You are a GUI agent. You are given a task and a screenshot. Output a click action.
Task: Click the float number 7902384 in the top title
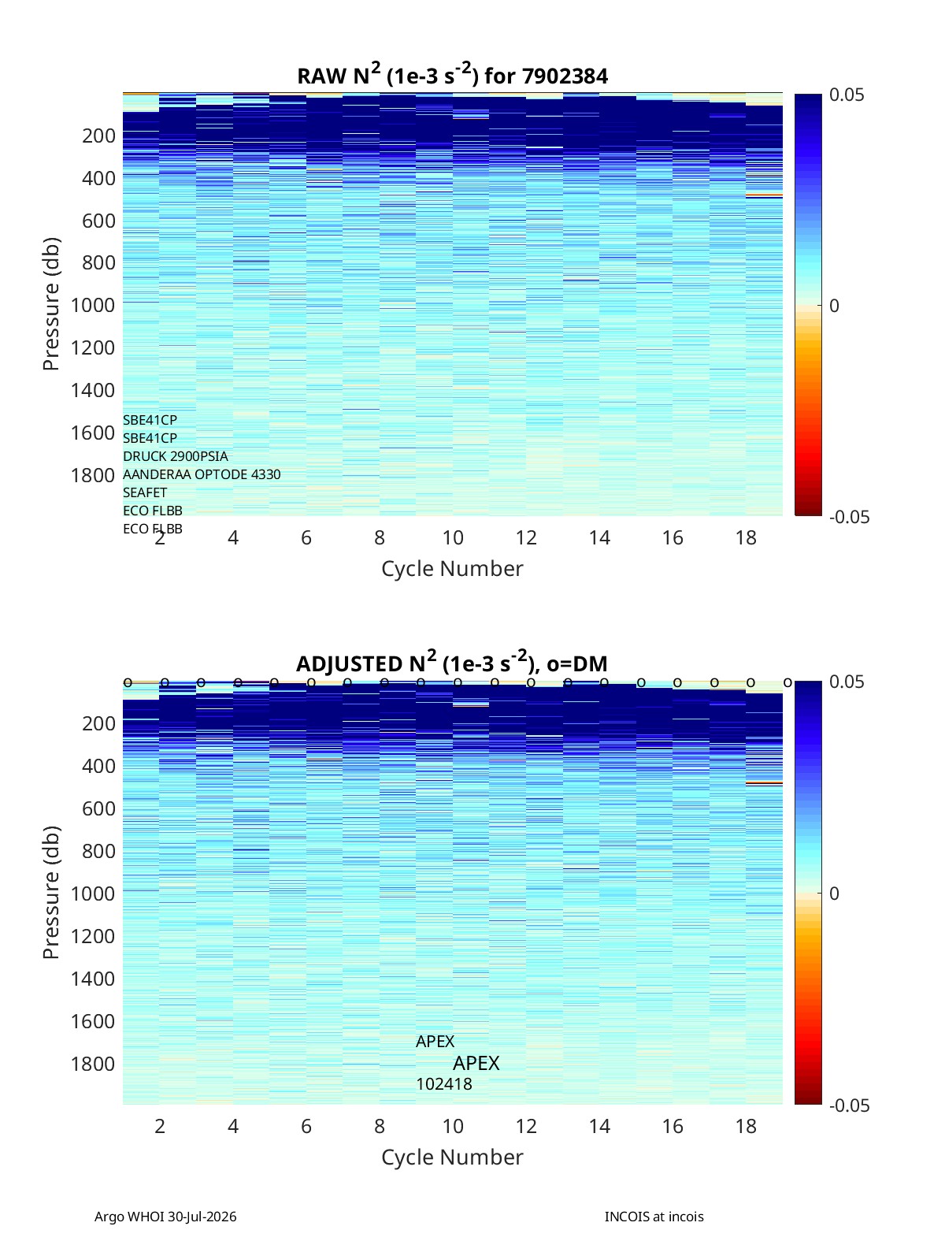565,76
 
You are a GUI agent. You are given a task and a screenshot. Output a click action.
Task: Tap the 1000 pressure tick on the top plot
93,305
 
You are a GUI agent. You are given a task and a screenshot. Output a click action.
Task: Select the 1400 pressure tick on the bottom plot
93,978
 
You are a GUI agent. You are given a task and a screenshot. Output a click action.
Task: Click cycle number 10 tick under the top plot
453,537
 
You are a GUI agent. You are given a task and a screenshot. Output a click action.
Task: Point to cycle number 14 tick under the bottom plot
599,1126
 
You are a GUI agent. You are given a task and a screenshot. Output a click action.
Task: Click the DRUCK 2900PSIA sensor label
176,456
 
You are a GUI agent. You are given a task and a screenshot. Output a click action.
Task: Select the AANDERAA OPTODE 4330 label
202,474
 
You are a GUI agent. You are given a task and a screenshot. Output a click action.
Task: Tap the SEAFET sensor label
145,492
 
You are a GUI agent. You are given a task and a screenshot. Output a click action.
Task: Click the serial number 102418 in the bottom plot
444,1084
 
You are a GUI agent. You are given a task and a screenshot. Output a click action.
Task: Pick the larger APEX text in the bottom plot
476,1063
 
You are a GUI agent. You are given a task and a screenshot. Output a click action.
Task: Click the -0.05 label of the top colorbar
849,517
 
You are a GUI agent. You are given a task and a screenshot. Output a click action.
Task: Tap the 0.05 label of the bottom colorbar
847,682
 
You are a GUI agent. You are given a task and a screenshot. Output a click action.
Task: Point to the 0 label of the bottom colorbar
834,894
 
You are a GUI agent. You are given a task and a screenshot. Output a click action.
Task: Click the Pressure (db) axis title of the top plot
51,304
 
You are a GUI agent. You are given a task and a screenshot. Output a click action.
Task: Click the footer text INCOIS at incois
654,1217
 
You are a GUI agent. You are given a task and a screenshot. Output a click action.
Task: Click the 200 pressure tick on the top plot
99,136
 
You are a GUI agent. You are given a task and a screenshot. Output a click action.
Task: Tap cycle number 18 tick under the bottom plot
746,1126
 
